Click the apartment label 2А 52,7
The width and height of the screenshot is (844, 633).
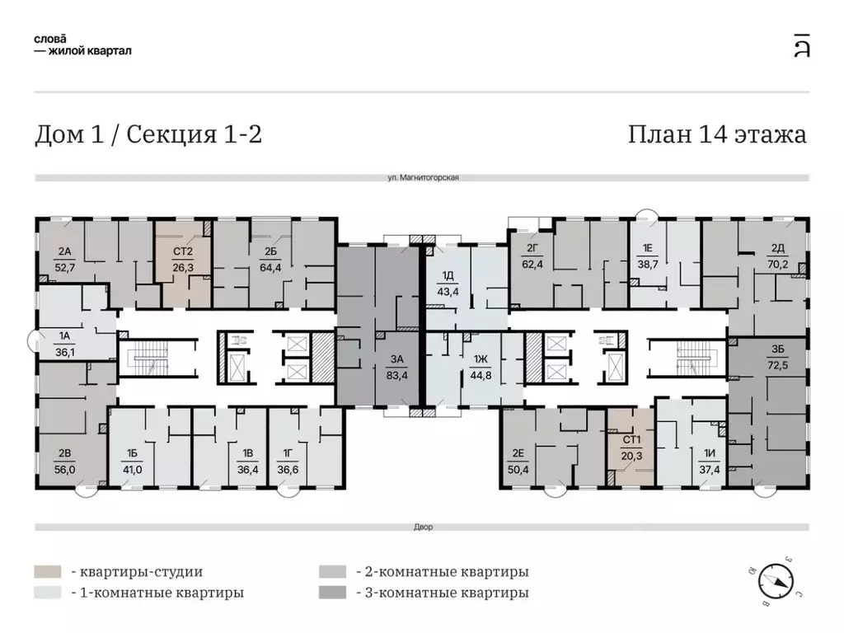(x=63, y=259)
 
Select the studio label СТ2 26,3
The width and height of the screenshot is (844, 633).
(x=182, y=259)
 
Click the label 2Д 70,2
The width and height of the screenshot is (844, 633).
(x=777, y=259)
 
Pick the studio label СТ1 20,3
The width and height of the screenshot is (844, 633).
(x=632, y=445)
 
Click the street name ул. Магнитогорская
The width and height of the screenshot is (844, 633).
(x=422, y=177)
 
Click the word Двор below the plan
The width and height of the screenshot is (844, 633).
(x=422, y=527)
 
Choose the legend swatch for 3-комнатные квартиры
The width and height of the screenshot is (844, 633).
(x=331, y=592)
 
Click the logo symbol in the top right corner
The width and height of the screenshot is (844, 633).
(x=800, y=45)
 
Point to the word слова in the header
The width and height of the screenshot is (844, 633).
(x=49, y=38)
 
